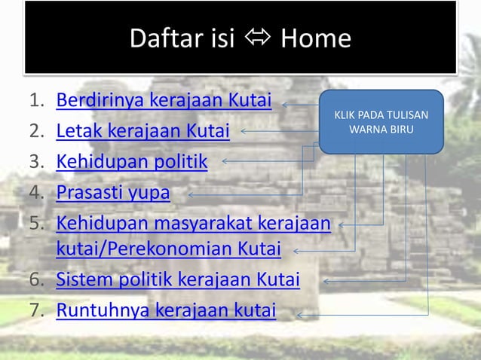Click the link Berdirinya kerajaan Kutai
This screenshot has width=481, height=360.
(x=164, y=102)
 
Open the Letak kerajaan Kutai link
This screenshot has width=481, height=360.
(x=142, y=131)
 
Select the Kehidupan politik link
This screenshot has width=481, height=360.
(x=132, y=161)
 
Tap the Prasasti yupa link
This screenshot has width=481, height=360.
(x=113, y=192)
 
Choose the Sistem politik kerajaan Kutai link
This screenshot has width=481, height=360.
(x=178, y=279)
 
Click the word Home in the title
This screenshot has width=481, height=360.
(x=315, y=38)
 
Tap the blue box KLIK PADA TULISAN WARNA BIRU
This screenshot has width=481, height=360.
(x=381, y=122)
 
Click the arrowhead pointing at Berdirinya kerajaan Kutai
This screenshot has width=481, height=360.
(x=286, y=105)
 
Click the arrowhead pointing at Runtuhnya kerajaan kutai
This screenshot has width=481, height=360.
(x=300, y=314)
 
